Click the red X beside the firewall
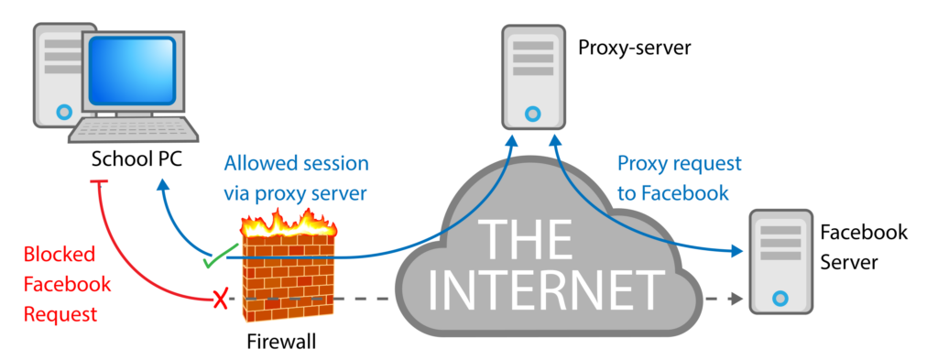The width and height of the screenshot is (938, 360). coord(220,300)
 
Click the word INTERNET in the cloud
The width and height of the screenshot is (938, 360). coord(548,288)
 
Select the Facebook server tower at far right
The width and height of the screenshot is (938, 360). coord(780,262)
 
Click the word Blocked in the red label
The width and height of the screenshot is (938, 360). coord(53,256)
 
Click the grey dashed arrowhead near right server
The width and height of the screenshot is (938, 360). coord(735,299)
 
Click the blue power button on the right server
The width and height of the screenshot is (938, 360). coord(780,298)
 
